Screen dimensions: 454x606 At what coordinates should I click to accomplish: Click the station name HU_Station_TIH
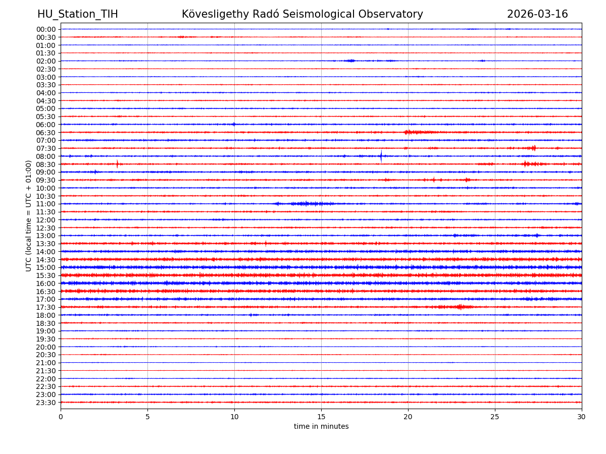78,14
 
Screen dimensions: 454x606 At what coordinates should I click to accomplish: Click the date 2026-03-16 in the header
537,14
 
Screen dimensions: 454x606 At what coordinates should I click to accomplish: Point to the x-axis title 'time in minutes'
321,427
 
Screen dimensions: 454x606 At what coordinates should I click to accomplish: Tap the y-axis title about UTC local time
29,216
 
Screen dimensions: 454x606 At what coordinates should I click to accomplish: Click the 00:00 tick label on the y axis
46,29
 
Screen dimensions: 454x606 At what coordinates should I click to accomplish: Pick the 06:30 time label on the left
46,133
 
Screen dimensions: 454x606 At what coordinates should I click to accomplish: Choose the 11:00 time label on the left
46,204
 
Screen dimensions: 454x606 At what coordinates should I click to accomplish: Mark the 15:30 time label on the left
46,275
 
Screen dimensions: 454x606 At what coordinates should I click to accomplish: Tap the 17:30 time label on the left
46,307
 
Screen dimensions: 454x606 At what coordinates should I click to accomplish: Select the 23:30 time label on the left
46,403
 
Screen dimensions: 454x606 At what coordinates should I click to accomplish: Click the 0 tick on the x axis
61,417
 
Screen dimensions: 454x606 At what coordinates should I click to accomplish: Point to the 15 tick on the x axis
321,417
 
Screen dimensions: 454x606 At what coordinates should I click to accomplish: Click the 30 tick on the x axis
582,417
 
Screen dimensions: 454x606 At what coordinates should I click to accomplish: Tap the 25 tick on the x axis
495,417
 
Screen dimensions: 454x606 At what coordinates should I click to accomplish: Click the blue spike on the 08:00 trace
381,156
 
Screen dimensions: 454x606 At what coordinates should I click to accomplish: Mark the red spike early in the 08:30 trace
117,164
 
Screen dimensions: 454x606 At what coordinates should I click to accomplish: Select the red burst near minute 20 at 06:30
414,132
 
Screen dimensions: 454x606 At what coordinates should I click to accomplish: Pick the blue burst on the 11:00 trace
306,204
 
